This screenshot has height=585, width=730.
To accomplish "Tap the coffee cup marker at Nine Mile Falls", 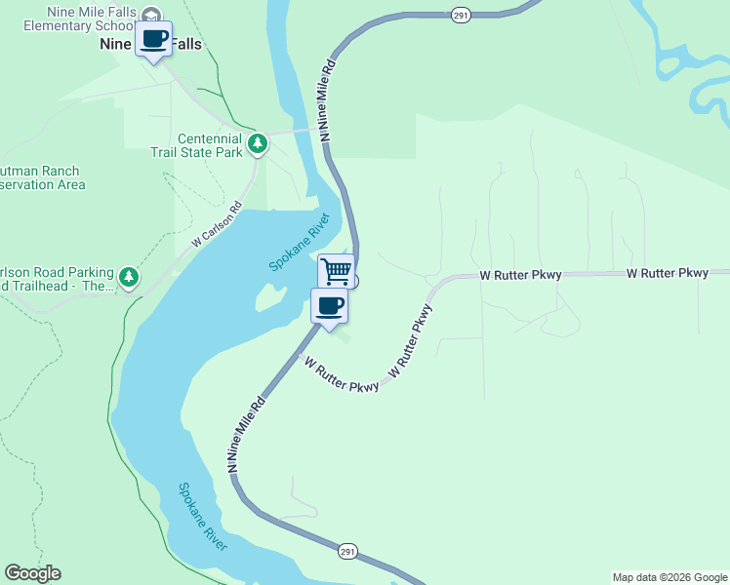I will [152, 40].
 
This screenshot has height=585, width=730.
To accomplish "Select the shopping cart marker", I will [336, 270].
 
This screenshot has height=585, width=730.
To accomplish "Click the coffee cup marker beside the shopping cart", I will [329, 306].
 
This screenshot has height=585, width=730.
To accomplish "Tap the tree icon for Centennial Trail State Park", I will [258, 144].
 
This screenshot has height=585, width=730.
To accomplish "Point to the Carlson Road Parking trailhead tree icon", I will [129, 278].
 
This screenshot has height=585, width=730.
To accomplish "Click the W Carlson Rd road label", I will [216, 224].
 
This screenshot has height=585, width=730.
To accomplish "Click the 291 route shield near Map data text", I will [348, 552].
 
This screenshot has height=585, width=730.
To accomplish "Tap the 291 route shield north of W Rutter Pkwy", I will [459, 15].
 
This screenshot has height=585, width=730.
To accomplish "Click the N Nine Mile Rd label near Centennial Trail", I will [328, 100].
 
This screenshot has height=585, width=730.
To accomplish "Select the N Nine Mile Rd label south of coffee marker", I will [246, 435].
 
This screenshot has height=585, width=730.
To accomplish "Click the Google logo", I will [32, 573].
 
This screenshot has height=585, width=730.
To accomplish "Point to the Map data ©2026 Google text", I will [669, 577].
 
